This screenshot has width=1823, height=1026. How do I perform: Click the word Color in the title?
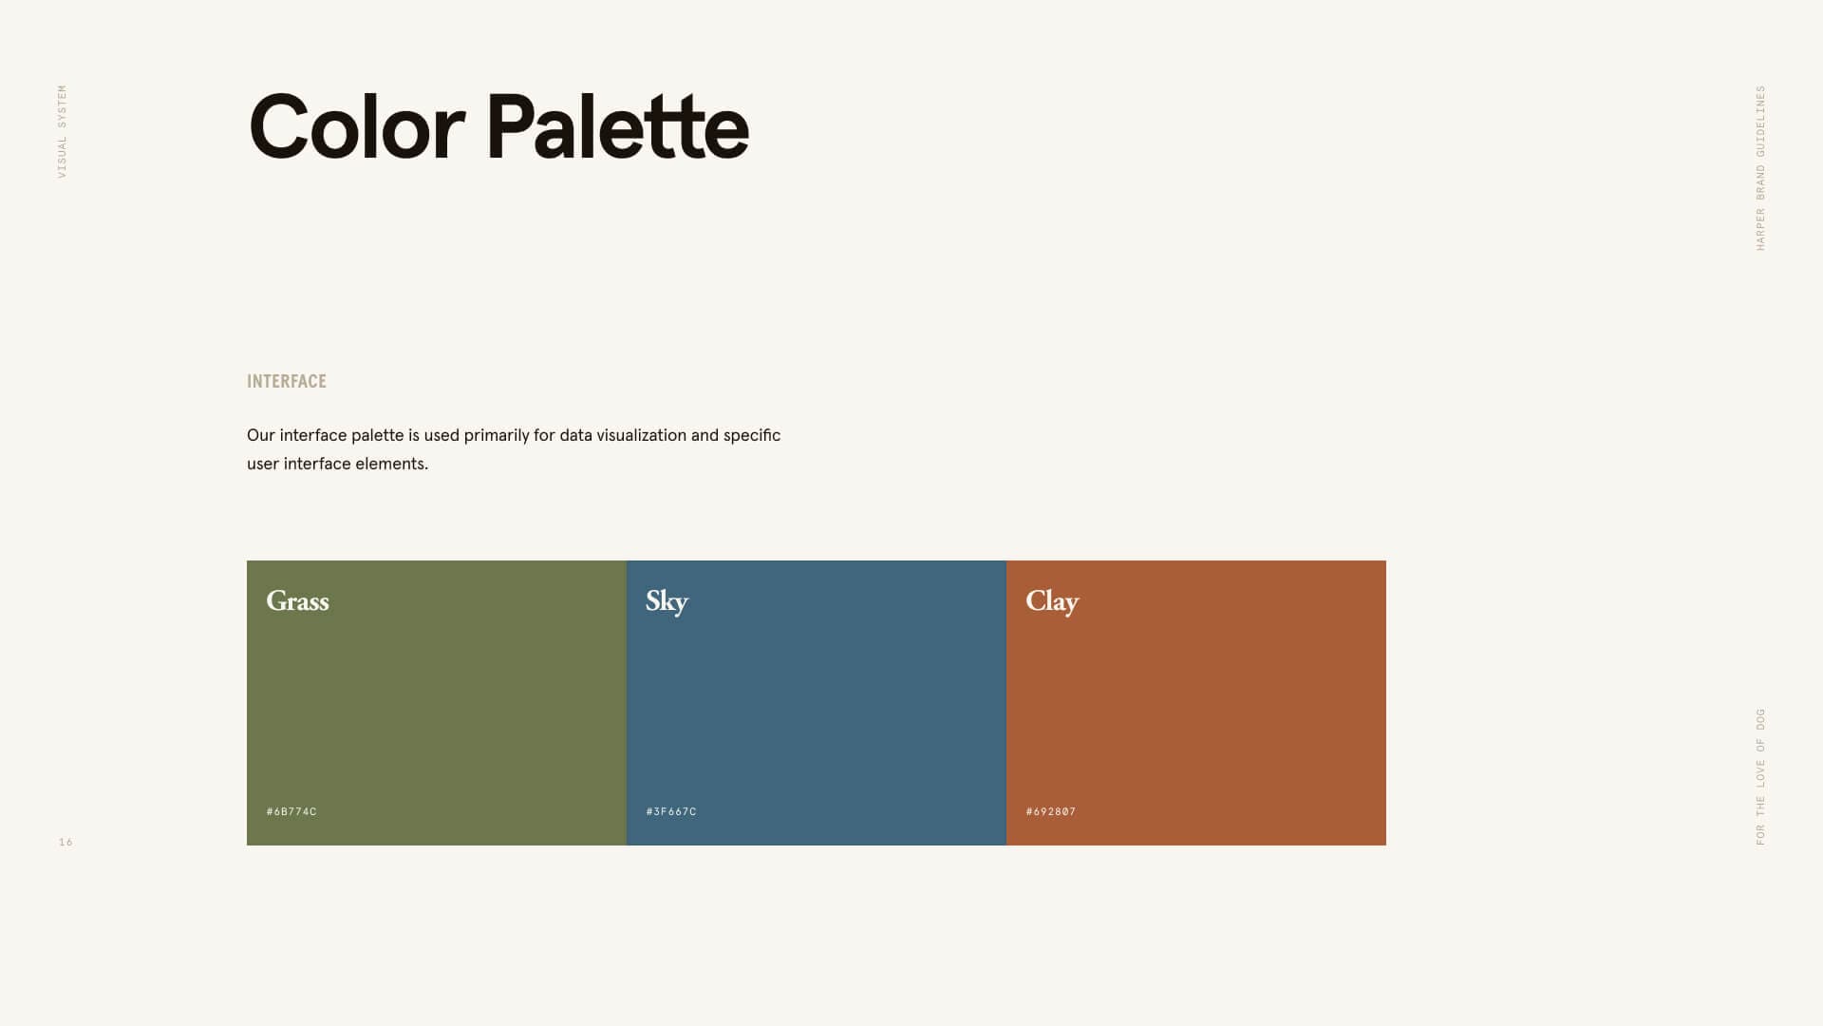pos(356,127)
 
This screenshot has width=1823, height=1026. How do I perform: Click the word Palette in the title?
pos(617,126)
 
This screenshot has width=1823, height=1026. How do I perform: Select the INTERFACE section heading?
pos(287,381)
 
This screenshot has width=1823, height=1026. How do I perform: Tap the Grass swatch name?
pos(297,601)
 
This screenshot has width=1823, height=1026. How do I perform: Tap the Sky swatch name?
pos(667,602)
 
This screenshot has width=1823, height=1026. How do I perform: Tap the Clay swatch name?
pos(1052,602)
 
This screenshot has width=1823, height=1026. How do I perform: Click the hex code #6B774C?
pos(291,811)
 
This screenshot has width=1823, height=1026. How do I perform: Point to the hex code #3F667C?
pos(671,811)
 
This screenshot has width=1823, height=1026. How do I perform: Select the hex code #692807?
pos(1051,811)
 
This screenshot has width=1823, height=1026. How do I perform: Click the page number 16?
pos(66,842)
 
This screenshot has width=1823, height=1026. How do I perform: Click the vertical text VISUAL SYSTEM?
pos(63,131)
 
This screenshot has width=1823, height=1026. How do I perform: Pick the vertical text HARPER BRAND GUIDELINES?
pos(1760,168)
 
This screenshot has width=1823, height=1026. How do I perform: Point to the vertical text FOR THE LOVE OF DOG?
pos(1760,777)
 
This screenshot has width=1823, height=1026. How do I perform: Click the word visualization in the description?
pos(623,435)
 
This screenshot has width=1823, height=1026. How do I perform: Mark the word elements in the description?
pos(392,464)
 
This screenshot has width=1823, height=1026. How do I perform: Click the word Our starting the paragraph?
pos(261,435)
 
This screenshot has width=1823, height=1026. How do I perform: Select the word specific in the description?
pos(752,436)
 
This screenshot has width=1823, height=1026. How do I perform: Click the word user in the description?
pos(263,465)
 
